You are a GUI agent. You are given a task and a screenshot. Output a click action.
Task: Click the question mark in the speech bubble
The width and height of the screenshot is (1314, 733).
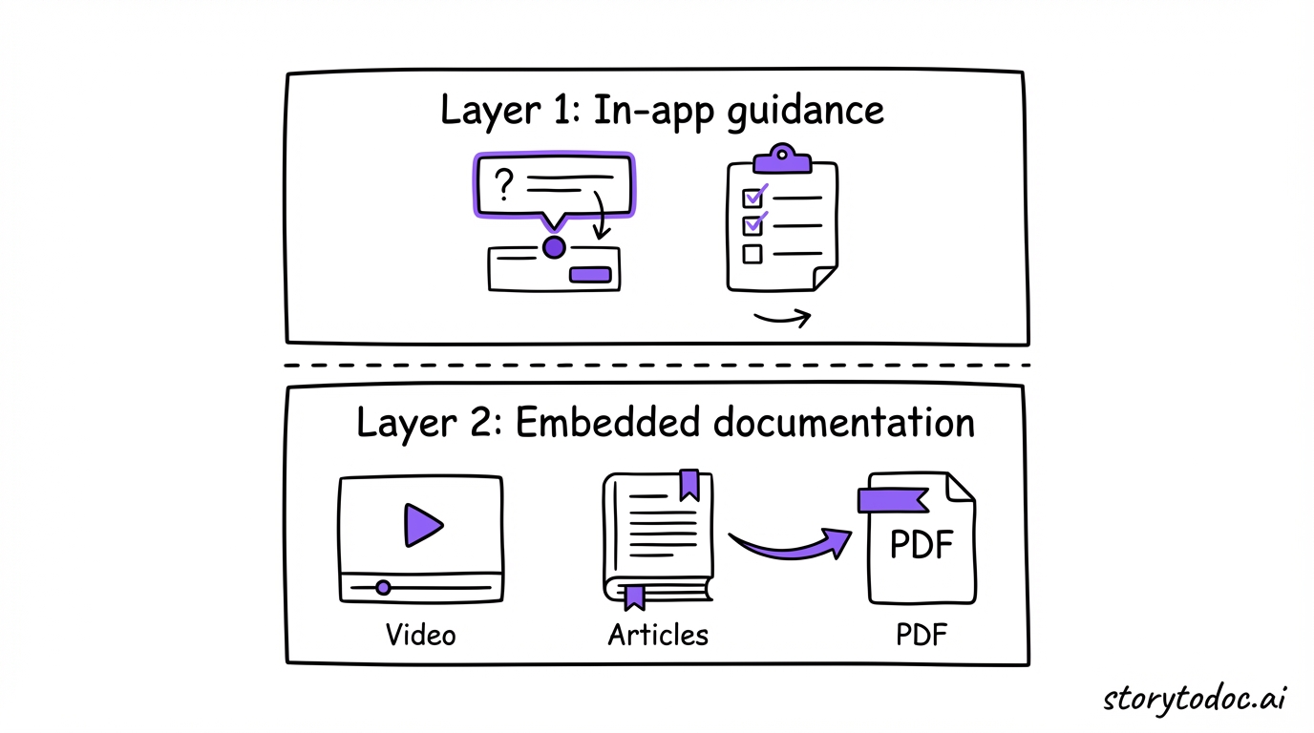point(503,184)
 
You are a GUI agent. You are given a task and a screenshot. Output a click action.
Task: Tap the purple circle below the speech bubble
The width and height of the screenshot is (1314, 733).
point(554,248)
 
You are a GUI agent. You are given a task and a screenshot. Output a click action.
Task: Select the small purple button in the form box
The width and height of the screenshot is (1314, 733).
point(589,275)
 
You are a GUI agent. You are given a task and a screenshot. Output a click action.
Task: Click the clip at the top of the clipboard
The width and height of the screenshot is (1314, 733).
point(782,157)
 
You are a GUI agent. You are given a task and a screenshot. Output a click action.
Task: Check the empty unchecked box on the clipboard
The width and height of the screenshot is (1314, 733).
point(752,254)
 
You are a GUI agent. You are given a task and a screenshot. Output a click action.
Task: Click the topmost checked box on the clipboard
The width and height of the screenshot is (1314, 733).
point(753,197)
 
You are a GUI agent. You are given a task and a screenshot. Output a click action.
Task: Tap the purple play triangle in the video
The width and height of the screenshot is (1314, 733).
point(422,524)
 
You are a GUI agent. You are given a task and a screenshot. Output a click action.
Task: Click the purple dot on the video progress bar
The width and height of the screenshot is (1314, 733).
point(383,587)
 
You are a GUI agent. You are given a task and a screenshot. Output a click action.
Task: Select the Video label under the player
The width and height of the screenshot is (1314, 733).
point(420,635)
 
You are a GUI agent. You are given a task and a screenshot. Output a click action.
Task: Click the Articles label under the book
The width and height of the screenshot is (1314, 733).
point(658,635)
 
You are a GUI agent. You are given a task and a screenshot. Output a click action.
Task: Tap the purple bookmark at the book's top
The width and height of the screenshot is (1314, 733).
point(689,485)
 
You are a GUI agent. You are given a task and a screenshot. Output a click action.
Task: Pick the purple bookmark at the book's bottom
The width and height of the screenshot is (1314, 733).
point(634,597)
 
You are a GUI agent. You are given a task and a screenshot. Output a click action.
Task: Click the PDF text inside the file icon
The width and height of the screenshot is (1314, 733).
point(922,546)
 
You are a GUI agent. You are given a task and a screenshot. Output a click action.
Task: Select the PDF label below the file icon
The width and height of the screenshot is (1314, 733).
point(922,635)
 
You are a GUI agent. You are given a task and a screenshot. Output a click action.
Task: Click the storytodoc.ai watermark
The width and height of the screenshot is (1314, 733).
point(1195,698)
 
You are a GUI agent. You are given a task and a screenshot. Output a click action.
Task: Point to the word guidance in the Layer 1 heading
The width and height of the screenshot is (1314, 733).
point(805,112)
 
